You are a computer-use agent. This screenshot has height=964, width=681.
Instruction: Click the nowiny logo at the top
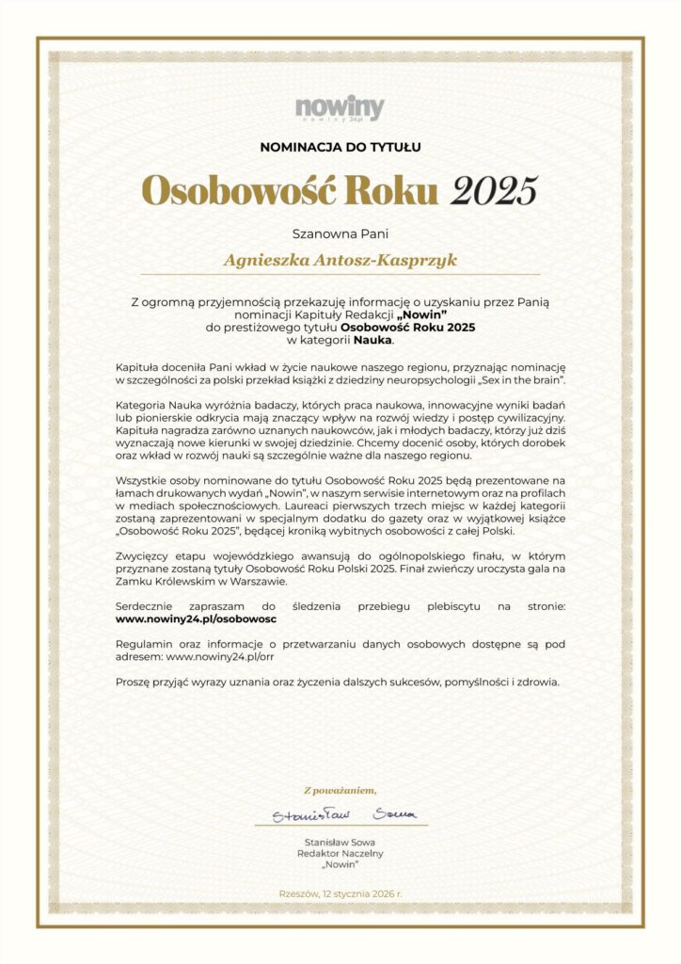click(x=340, y=108)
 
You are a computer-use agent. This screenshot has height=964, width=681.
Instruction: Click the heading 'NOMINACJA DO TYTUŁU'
click(x=340, y=147)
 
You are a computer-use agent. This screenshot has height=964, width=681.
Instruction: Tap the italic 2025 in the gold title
click(x=494, y=190)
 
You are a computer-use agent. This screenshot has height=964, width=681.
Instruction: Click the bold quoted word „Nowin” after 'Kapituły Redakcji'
click(x=421, y=313)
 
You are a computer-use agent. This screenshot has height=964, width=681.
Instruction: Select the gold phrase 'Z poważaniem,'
click(x=340, y=790)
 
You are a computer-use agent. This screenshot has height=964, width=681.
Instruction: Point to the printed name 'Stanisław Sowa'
click(x=340, y=841)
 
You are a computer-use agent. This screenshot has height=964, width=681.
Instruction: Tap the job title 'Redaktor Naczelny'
click(x=340, y=853)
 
